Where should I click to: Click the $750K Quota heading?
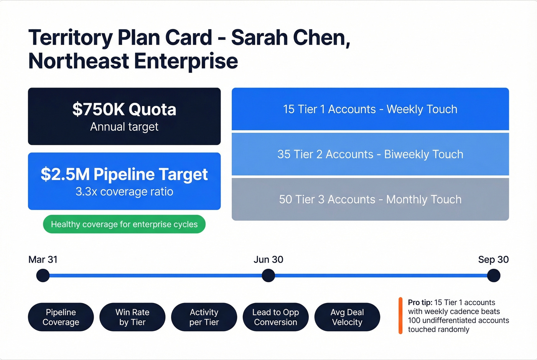pos(124,110)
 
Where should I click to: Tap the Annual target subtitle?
pos(124,127)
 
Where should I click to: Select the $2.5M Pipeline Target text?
pos(124,174)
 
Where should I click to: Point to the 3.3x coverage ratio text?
pos(124,192)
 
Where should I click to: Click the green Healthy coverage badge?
pos(124,224)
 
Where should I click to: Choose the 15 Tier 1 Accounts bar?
pos(370,109)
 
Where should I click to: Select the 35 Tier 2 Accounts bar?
pos(370,154)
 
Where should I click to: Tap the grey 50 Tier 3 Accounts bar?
pos(370,199)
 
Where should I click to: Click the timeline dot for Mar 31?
pos(43,275)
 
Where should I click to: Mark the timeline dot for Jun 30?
pos(268,275)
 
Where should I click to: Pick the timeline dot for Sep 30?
pos(493,275)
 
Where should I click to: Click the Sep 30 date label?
pos(493,260)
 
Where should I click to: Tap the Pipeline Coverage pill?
pos(61,317)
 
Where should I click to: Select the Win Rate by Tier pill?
pos(132,317)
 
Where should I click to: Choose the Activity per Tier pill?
pos(204,317)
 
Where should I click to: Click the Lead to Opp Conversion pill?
pos(275,317)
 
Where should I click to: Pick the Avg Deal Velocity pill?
pos(347,317)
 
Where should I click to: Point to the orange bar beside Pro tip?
pos(400,316)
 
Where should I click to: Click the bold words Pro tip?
pos(420,302)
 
